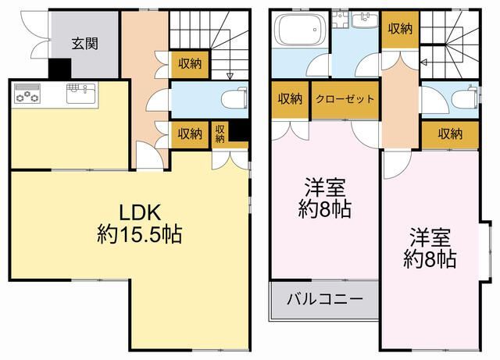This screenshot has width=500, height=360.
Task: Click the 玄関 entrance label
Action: (85, 43)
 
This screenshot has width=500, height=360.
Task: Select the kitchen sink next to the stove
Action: (80, 93)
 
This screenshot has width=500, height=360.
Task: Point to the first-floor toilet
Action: (231, 98)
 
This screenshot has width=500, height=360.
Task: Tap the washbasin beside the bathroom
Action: (363, 21)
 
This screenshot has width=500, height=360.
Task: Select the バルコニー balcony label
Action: (323, 299)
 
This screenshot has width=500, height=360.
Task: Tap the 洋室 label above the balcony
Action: (326, 187)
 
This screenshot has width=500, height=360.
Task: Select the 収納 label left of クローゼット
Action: (291, 99)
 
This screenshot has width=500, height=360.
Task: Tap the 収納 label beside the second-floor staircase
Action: (401, 29)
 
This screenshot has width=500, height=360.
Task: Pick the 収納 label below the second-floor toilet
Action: (449, 134)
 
